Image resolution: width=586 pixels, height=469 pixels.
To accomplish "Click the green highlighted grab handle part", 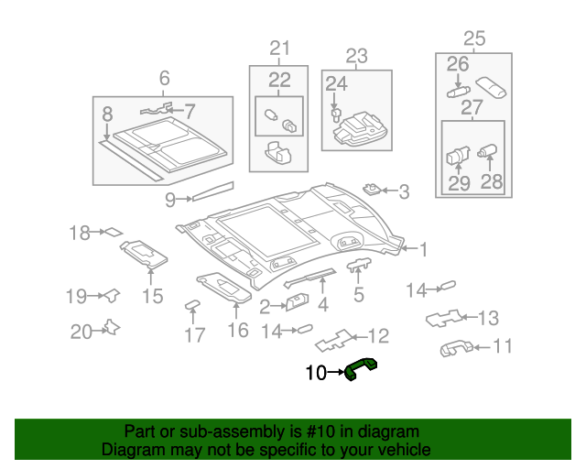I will coord(362,369).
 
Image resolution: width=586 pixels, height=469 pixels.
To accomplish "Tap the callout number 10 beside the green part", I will coord(315,373).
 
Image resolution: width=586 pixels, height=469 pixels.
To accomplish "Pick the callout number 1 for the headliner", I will coord(423,247).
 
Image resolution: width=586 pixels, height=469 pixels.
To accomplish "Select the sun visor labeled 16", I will coord(225,287).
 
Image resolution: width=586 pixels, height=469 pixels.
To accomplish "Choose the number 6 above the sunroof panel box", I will coord(165,79).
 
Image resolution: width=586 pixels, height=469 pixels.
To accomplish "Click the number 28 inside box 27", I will coord(492,181).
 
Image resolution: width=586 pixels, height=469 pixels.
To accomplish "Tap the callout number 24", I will coord(337,84).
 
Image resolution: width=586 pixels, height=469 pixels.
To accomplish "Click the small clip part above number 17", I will coord(193,304).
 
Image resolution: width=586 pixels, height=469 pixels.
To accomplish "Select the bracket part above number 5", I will coord(358,265).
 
